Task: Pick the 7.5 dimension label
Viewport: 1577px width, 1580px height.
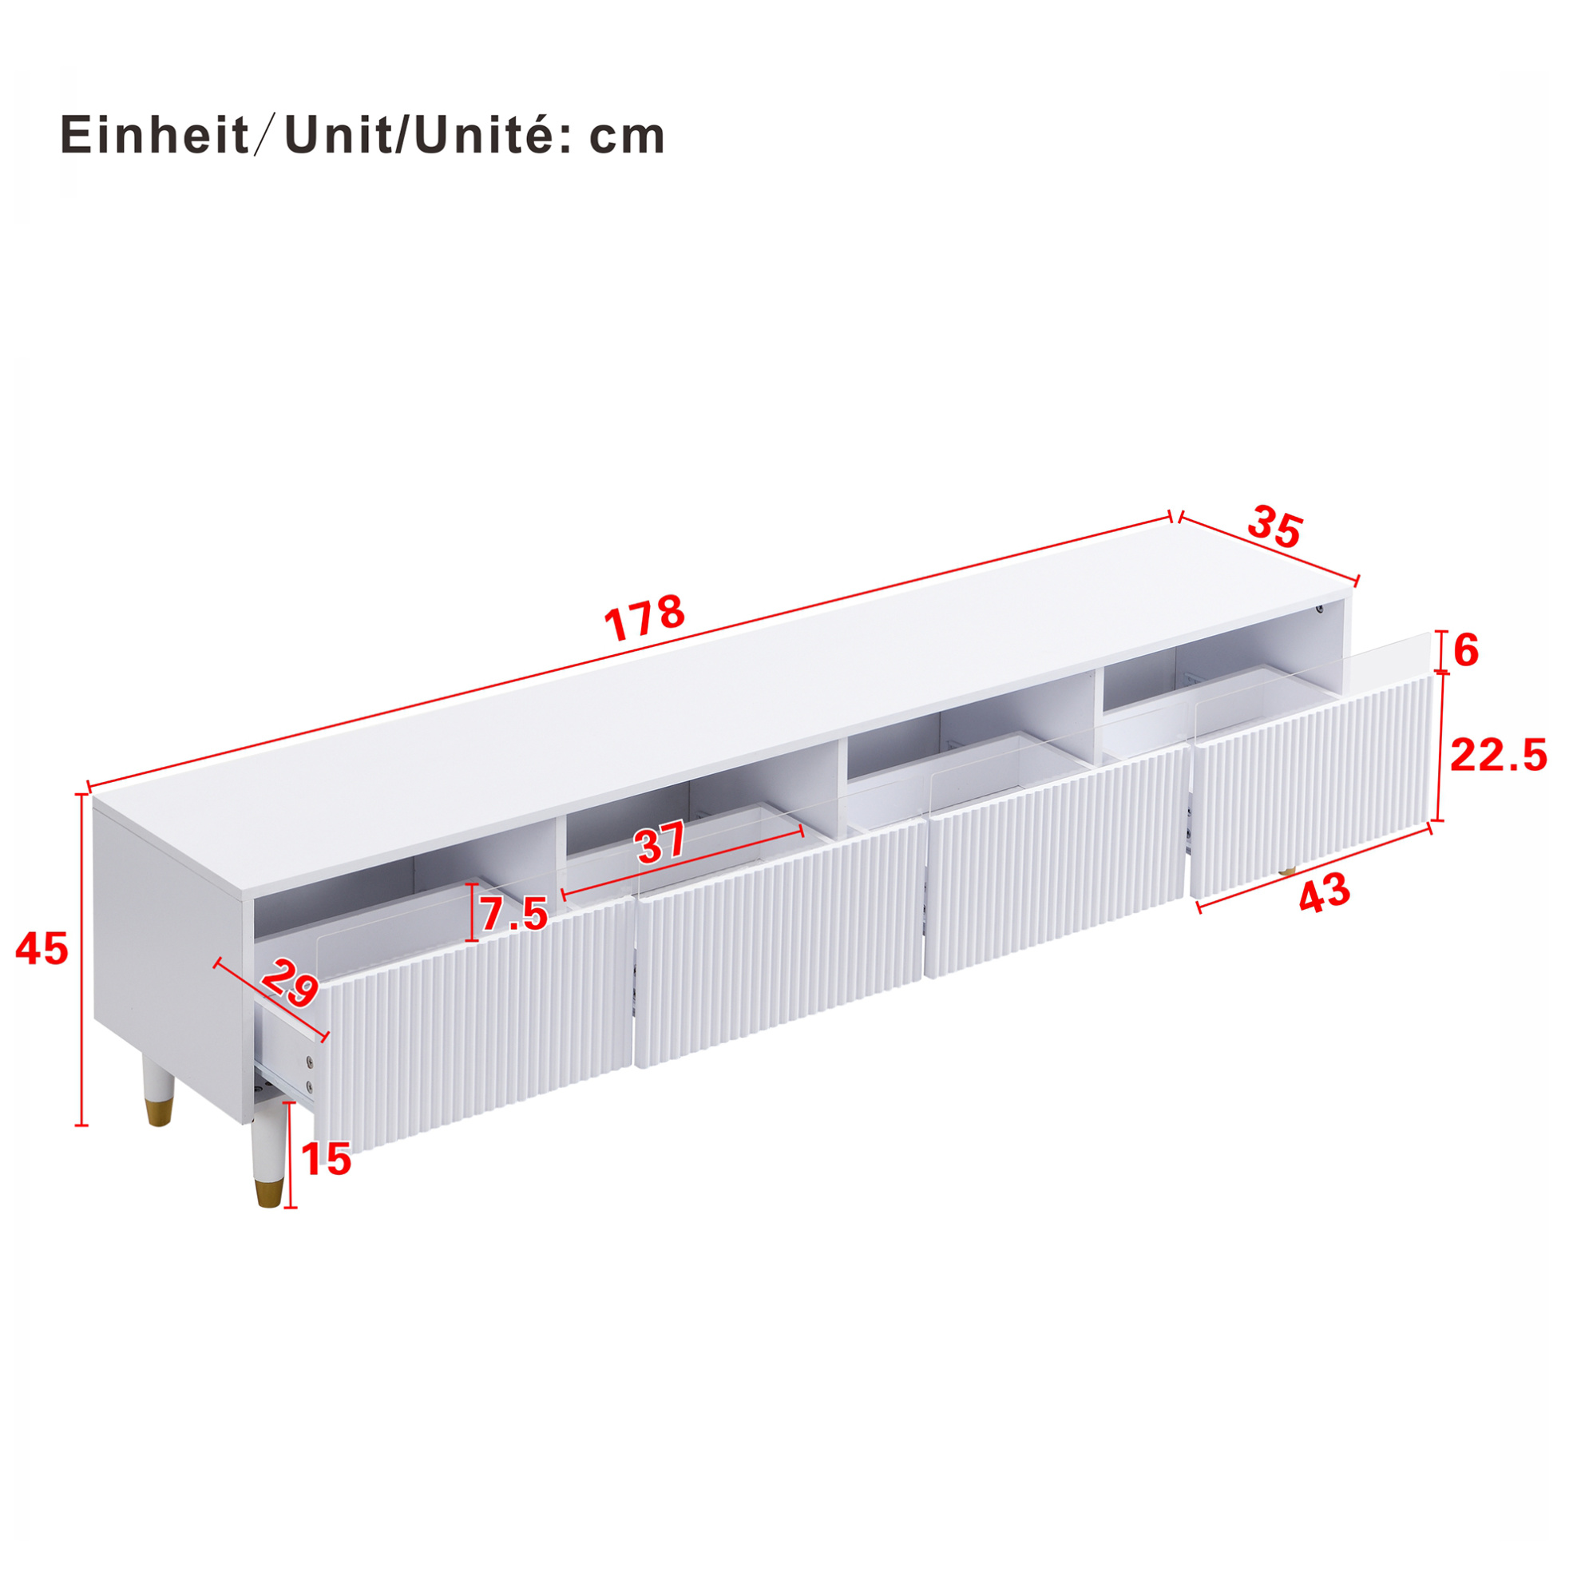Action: pyautogui.click(x=513, y=914)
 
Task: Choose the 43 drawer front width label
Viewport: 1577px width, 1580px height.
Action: pyautogui.click(x=1325, y=892)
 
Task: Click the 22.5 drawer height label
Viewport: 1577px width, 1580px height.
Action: pyautogui.click(x=1499, y=756)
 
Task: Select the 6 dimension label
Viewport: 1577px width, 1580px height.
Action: pyautogui.click(x=1467, y=652)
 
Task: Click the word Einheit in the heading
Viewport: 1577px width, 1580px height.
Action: pyautogui.click(x=155, y=136)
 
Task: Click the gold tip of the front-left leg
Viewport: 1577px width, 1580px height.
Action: pyautogui.click(x=268, y=1193)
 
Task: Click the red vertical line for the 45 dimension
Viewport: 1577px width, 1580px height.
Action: pyautogui.click(x=81, y=960)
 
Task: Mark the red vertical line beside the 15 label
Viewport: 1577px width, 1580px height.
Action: pyautogui.click(x=287, y=1155)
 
